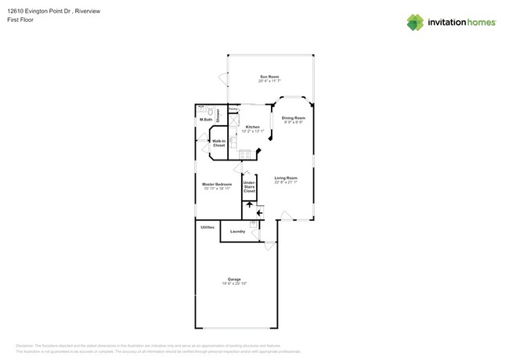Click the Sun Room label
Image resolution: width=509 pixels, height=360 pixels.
click(x=269, y=77)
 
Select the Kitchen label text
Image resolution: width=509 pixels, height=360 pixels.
click(x=252, y=127)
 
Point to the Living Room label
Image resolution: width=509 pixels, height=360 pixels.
click(x=286, y=178)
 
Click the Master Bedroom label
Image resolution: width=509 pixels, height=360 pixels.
click(x=218, y=184)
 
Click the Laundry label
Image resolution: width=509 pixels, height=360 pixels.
click(x=237, y=231)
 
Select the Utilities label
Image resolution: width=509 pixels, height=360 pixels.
click(x=208, y=227)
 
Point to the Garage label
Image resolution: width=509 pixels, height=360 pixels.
click(x=234, y=279)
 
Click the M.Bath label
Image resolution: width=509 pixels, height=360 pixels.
click(x=207, y=119)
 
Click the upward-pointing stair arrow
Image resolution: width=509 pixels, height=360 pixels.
click(x=250, y=204)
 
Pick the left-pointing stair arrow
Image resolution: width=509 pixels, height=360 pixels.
click(x=259, y=212)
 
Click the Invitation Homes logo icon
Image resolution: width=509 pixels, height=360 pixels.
click(x=415, y=22)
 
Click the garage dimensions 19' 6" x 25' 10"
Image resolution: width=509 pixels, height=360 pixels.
click(x=234, y=283)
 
